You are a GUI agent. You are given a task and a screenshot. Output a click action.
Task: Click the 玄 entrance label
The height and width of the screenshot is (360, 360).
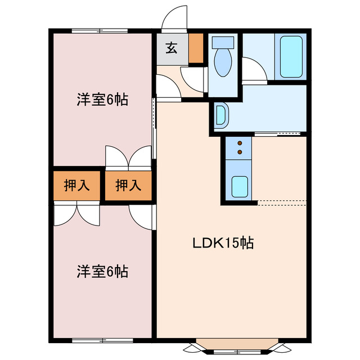click(x=172, y=48)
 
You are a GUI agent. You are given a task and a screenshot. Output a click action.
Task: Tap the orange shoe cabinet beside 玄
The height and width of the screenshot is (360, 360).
click(x=195, y=48)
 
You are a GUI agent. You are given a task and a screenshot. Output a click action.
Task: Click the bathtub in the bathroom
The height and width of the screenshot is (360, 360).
click(x=291, y=56)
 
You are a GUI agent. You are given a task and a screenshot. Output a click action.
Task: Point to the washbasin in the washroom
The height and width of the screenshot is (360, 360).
click(x=221, y=115)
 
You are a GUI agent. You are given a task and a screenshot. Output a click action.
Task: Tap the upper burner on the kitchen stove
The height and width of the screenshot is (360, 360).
click(x=240, y=143)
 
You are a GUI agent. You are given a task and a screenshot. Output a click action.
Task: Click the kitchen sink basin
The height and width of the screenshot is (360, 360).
click(x=240, y=185)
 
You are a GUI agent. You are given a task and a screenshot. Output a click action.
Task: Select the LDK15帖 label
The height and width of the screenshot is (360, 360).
click(x=223, y=243)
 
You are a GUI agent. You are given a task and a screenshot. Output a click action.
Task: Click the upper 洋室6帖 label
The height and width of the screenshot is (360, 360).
click(x=102, y=100)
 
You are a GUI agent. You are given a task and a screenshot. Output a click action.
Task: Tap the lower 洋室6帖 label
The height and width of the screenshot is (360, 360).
click(x=102, y=272)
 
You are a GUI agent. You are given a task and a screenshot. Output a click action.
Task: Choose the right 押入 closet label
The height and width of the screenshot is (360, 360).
click(x=128, y=186)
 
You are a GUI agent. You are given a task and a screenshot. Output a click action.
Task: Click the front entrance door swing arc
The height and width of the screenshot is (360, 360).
click(x=174, y=17)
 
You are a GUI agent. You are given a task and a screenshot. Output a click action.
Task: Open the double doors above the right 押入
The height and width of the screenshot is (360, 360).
click(x=129, y=156)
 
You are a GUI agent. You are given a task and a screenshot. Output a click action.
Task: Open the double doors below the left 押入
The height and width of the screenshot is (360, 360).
click(x=77, y=214)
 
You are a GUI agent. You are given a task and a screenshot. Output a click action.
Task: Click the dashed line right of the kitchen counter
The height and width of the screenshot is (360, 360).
click(x=281, y=201)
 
